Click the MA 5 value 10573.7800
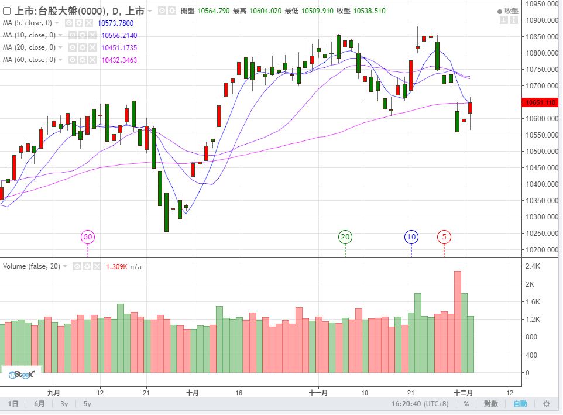point(117,23)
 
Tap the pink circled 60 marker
point(88,237)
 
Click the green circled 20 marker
point(345,237)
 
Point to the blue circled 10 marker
point(411,237)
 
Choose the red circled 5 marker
point(444,237)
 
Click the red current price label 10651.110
point(541,103)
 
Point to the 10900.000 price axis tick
point(541,20)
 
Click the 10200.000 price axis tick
point(541,250)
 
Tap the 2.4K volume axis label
point(533,266)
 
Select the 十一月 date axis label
point(318,392)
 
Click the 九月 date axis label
point(54,392)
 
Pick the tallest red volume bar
point(458,322)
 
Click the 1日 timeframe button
point(13,404)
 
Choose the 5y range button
point(87,404)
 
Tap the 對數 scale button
point(491,404)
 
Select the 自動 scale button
point(520,404)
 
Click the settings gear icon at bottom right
point(547,404)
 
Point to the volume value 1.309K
point(116,266)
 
